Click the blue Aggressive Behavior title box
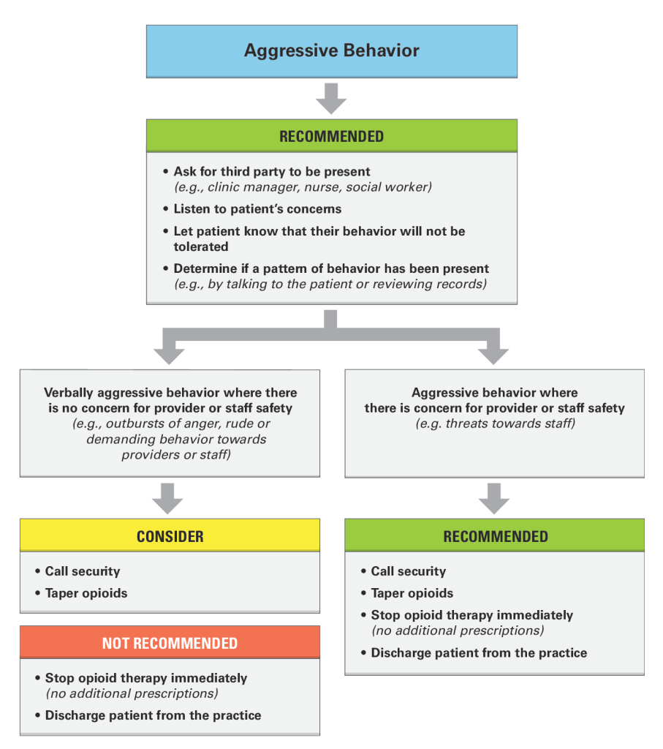pyautogui.click(x=331, y=51)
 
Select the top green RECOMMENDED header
pyautogui.click(x=331, y=136)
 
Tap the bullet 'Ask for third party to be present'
pyautogui.click(x=271, y=172)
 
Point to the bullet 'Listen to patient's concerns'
pyautogui.click(x=257, y=208)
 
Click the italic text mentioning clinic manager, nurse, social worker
pyautogui.click(x=303, y=187)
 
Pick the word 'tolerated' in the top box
pyautogui.click(x=201, y=246)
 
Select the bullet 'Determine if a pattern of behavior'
pyautogui.click(x=331, y=268)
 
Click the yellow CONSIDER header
pyautogui.click(x=170, y=536)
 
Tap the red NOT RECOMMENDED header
pyautogui.click(x=170, y=643)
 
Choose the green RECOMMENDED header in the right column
pyautogui.click(x=495, y=536)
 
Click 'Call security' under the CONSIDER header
pyautogui.click(x=82, y=571)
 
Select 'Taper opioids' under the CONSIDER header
pyautogui.click(x=86, y=593)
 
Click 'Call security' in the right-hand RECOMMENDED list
pyautogui.click(x=408, y=571)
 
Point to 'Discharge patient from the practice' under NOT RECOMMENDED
pyautogui.click(x=153, y=715)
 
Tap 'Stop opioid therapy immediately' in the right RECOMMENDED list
pyautogui.click(x=471, y=615)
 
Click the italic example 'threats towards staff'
pyautogui.click(x=495, y=423)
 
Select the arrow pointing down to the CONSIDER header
pyautogui.click(x=167, y=498)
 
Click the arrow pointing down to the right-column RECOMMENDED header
pyautogui.click(x=493, y=498)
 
